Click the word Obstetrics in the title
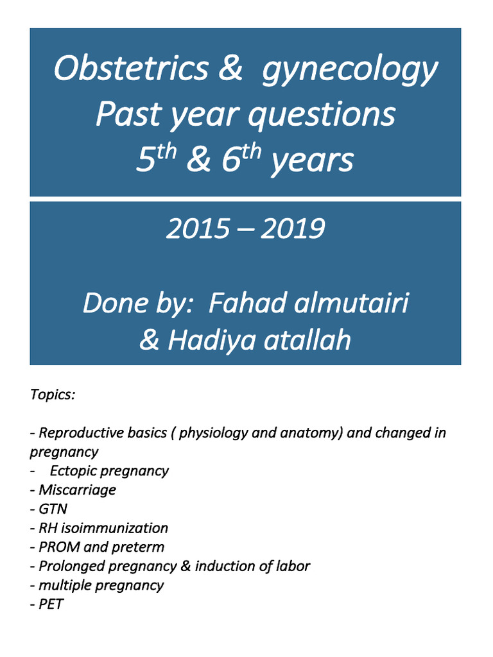pos(131,69)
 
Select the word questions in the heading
pos(322,115)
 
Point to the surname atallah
pos(307,340)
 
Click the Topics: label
pos(53,394)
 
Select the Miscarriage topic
pos(77,490)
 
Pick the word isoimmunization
pos(114,528)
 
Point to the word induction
pos(223,566)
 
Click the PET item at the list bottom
pos(51,604)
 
